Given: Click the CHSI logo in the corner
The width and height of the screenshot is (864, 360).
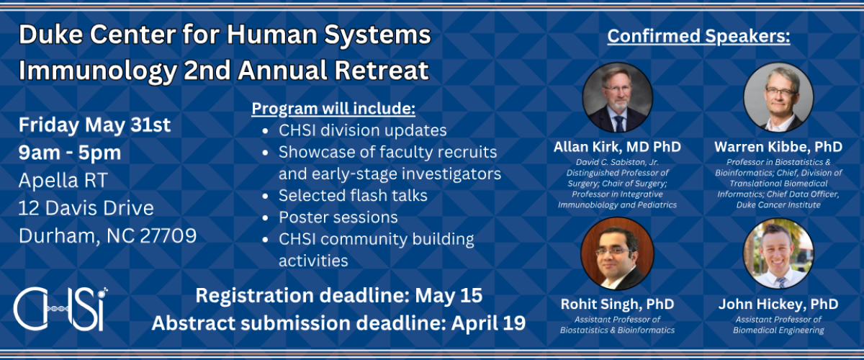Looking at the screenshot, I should coord(61,307).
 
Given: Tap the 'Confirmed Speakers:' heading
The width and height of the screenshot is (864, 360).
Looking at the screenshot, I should coord(698,37).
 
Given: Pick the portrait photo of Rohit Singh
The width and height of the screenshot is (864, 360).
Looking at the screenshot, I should coord(617,253).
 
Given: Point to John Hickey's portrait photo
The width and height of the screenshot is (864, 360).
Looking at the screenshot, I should coord(778,253).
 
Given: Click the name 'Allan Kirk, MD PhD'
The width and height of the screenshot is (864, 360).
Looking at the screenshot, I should coord(617,147).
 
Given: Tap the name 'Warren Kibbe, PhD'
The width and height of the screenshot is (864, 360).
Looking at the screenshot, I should coord(778,147).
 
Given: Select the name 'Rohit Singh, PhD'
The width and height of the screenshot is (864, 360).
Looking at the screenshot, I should coord(617,304).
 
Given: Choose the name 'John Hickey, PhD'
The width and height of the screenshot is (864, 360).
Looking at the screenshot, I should coord(778,304).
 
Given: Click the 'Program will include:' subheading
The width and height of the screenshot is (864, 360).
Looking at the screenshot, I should coord(333,109).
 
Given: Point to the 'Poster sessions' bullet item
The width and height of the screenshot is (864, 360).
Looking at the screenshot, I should coord(338,217).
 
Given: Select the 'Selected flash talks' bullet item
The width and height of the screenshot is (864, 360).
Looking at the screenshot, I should coord(353,195).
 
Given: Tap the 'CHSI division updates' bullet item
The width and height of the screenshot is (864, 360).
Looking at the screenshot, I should coord(363,131).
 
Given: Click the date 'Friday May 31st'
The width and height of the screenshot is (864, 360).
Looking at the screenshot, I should coord(94,125).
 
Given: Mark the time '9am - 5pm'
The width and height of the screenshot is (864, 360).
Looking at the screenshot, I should coord(70,153).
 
